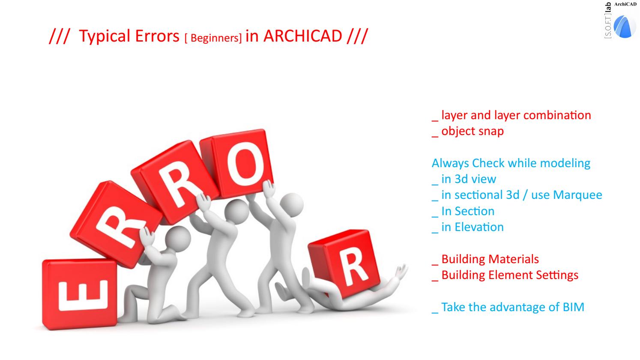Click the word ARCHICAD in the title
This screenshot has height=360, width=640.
click(302, 36)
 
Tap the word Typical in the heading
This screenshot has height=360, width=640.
click(105, 36)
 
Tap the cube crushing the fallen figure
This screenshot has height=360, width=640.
click(345, 263)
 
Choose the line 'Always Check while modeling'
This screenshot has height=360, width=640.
click(511, 163)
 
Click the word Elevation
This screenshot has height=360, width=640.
click(479, 227)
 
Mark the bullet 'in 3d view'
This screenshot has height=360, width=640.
click(464, 179)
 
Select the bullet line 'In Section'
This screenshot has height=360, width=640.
click(463, 211)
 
